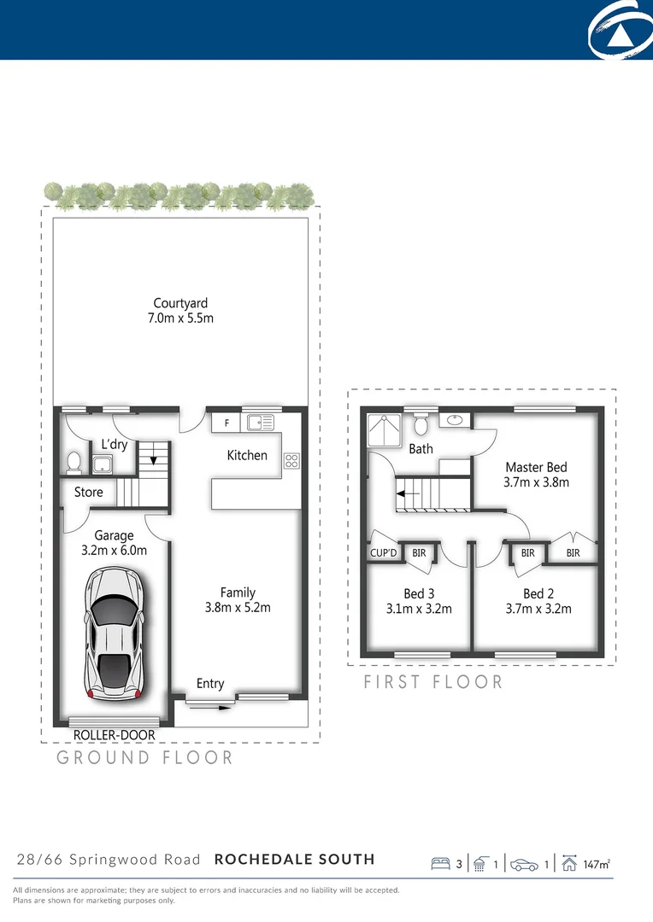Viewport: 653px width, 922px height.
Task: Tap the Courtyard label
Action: click(180, 303)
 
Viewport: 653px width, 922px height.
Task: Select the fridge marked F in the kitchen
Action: click(226, 423)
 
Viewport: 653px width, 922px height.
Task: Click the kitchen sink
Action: click(260, 422)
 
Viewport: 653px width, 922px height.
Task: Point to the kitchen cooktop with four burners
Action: click(291, 460)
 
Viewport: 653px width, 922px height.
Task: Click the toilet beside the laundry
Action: click(74, 462)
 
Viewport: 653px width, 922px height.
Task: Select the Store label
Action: click(89, 493)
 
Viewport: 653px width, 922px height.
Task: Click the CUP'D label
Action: click(384, 553)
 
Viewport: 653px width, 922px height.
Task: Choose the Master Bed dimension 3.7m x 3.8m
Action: click(537, 482)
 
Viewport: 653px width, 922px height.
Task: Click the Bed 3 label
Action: click(419, 594)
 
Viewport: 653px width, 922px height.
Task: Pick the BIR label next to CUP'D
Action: click(419, 553)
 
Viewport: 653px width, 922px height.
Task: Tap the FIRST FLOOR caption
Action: click(433, 682)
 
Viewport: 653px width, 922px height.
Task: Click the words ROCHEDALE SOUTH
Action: click(294, 859)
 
